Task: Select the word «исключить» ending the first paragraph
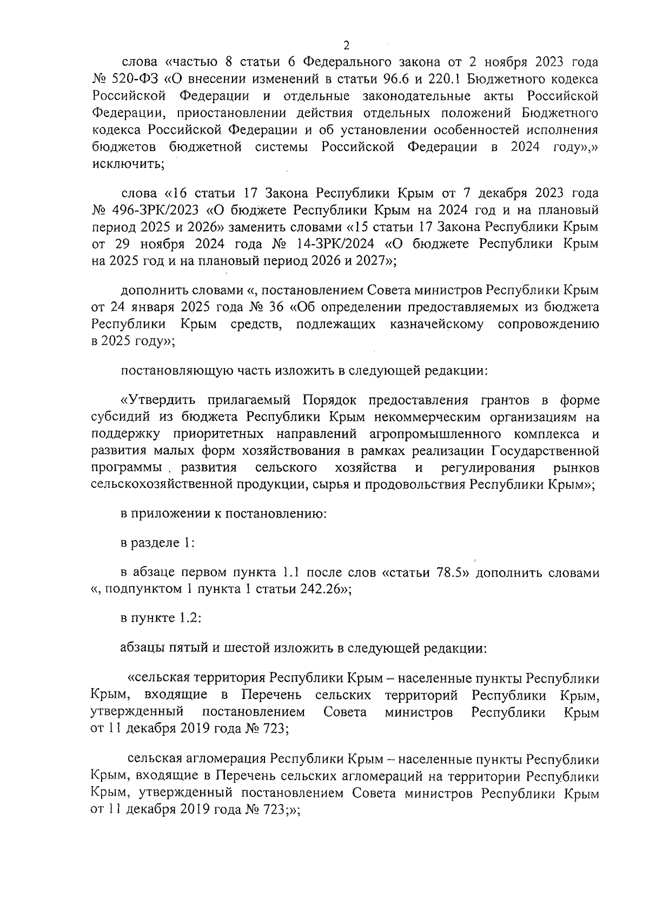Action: coord(128,165)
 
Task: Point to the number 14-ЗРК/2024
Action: coord(350,244)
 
